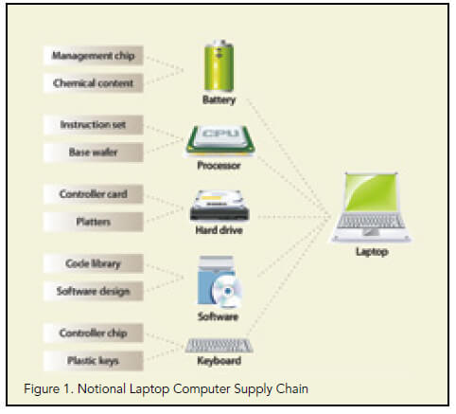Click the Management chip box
[94, 56]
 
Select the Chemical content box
[94, 83]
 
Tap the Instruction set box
[94, 125]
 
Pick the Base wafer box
[94, 153]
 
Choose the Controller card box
[94, 194]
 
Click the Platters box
[94, 222]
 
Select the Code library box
[94, 263]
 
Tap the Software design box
[94, 291]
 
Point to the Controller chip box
[94, 333]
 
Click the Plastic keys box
[94, 360]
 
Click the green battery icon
[219, 65]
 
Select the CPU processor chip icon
[219, 141]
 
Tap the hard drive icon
[219, 206]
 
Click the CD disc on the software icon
[227, 291]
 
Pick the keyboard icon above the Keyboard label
[219, 346]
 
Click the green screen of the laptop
[371, 191]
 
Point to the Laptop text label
[372, 252]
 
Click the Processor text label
[219, 166]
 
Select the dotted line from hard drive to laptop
[294, 217]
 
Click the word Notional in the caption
[101, 388]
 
